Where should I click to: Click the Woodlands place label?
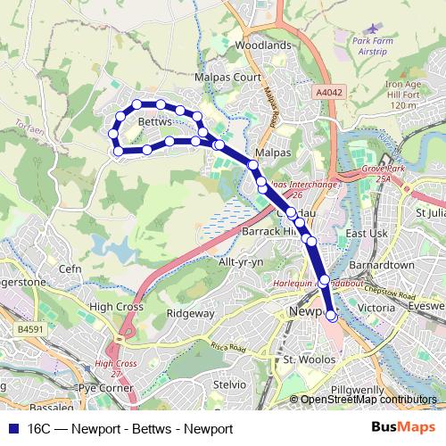(x=263, y=45)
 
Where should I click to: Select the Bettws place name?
(x=154, y=120)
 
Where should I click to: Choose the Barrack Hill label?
(x=268, y=230)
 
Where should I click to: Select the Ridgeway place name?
(x=190, y=313)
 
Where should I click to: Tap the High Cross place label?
(x=117, y=306)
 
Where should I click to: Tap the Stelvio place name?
(x=230, y=384)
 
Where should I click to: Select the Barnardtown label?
(x=378, y=265)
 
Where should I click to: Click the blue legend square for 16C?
(x=13, y=429)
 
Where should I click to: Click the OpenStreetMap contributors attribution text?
(x=368, y=401)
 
